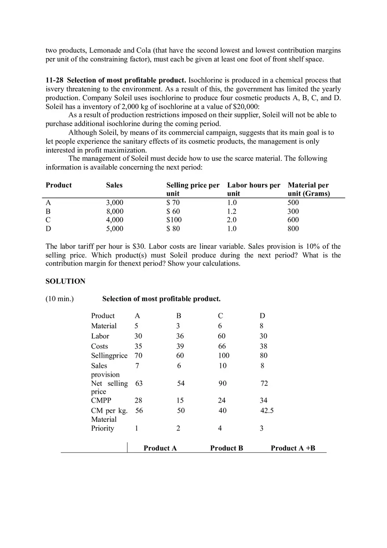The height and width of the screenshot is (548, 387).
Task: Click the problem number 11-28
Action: tap(55, 80)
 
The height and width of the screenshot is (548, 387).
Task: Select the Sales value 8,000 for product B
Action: tap(115, 211)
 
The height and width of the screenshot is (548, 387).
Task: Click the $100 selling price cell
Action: tap(174, 220)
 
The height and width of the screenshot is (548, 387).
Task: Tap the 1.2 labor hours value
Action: tap(232, 211)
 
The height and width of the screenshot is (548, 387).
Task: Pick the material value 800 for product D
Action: tap(293, 229)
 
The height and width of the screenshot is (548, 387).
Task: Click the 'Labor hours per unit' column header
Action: tap(253, 189)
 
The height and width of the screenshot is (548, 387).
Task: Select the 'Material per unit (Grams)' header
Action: tap(308, 189)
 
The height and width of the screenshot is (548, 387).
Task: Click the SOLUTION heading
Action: tap(66, 281)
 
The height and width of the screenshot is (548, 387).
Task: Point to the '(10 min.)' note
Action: tap(60, 299)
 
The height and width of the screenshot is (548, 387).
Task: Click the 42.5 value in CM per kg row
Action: tap(267, 410)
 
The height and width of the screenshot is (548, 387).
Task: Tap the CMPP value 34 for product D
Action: tap(263, 400)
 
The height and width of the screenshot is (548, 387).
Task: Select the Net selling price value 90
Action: tap(223, 384)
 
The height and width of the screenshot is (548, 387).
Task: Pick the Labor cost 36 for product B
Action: tap(180, 336)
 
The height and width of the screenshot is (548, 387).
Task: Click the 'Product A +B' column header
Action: tap(293, 448)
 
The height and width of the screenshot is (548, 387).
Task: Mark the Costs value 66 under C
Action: tap(222, 346)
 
